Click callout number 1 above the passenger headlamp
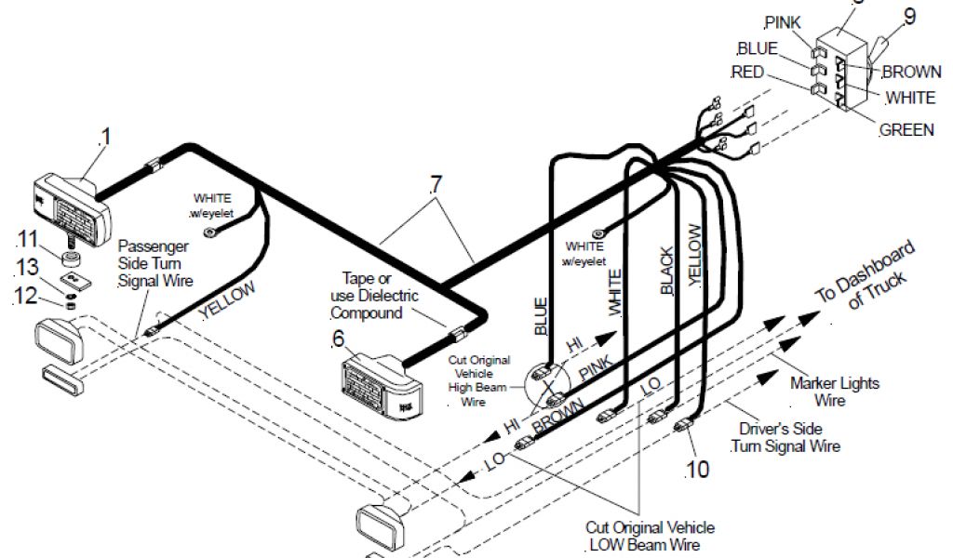pyautogui.click(x=105, y=137)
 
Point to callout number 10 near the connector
pyautogui.click(x=697, y=469)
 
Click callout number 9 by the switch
pyautogui.click(x=909, y=15)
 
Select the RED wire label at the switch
pyautogui.click(x=748, y=73)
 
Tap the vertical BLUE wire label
pyautogui.click(x=542, y=316)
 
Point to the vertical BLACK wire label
pyautogui.click(x=666, y=274)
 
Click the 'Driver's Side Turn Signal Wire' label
pyautogui.click(x=785, y=437)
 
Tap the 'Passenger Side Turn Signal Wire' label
pyautogui.click(x=154, y=263)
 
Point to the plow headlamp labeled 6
pyautogui.click(x=382, y=384)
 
